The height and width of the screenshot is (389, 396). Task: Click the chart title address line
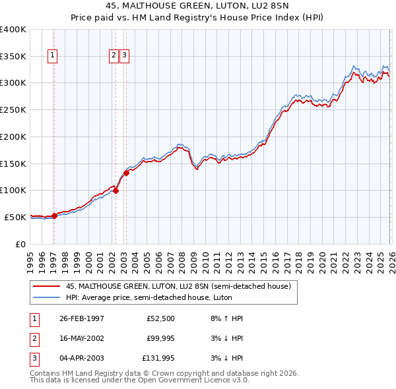(x=198, y=5)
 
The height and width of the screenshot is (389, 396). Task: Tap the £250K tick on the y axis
(x=13, y=110)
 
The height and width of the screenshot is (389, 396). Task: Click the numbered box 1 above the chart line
(x=53, y=56)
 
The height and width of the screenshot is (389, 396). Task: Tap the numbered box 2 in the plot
(x=114, y=56)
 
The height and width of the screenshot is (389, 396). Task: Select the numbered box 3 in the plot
(x=124, y=56)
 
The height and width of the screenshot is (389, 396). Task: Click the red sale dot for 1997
(x=55, y=216)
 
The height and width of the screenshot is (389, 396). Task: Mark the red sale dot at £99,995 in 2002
(x=115, y=191)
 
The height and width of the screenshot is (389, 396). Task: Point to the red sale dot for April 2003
(x=126, y=173)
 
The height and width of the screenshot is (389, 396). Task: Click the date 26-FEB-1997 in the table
(x=81, y=318)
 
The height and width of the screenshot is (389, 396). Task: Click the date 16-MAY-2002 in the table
(x=81, y=338)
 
